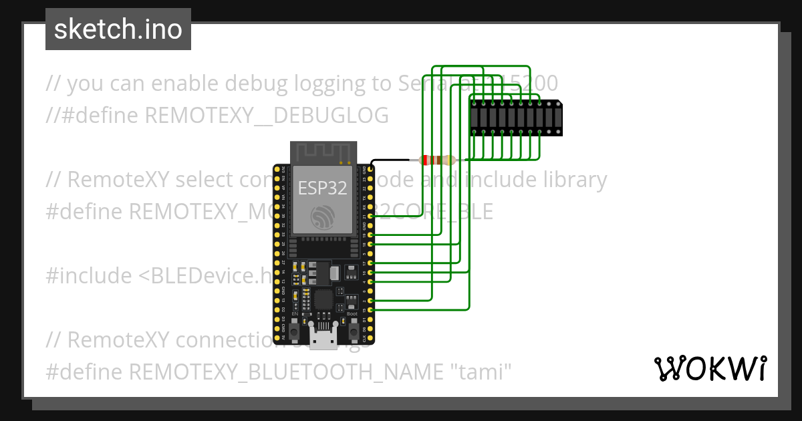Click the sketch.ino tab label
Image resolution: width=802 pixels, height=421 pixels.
[x=118, y=29]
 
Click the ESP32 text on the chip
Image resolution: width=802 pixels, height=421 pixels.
[x=323, y=188]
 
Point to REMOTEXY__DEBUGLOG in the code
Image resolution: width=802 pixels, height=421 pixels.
[x=267, y=116]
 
